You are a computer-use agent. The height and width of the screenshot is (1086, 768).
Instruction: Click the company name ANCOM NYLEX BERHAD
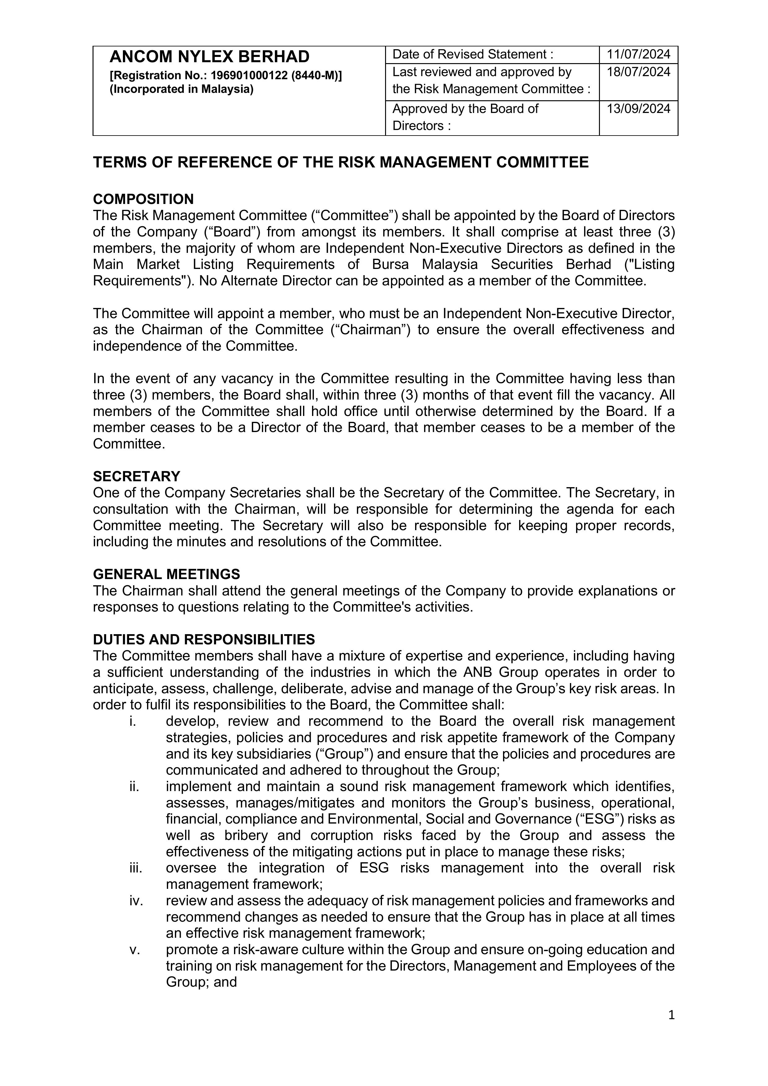(209, 57)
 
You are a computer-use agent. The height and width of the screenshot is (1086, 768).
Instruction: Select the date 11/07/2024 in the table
(638, 54)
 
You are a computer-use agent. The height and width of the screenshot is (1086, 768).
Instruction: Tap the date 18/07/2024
(638, 72)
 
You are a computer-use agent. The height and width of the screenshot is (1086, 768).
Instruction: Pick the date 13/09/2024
(638, 109)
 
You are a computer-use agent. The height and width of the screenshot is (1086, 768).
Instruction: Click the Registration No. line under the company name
(226, 76)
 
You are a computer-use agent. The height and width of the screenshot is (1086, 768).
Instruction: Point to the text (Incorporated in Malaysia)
(182, 89)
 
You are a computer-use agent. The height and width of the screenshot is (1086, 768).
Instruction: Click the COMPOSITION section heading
(143, 199)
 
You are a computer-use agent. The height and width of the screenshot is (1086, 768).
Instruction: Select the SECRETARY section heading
(136, 476)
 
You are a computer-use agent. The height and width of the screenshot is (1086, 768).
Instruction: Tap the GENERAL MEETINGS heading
(166, 574)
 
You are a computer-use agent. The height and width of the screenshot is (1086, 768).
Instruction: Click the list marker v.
(134, 949)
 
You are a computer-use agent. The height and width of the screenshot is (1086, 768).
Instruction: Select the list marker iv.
(136, 901)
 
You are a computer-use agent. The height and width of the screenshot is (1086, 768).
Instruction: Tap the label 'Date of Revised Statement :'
(473, 54)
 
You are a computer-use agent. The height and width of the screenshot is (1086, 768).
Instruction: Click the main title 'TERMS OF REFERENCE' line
(341, 162)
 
